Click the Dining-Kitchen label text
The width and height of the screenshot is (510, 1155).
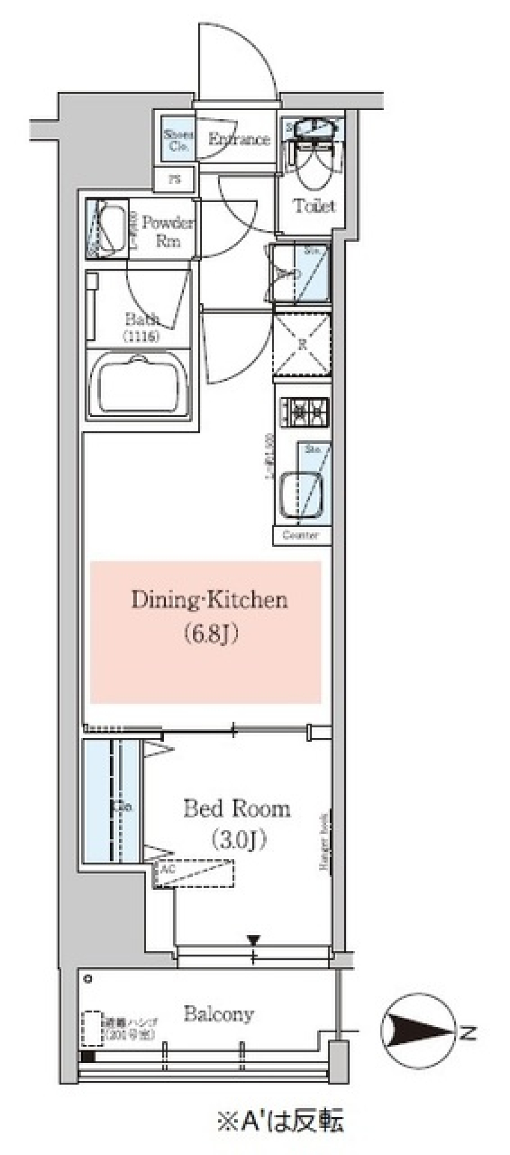(209, 600)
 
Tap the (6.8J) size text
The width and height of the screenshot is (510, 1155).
(210, 634)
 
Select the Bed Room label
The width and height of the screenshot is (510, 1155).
(237, 809)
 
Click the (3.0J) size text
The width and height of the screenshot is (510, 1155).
(237, 840)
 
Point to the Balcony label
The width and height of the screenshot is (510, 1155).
(218, 1014)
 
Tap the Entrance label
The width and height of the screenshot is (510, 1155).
(239, 139)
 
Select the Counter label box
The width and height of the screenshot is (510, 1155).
(301, 535)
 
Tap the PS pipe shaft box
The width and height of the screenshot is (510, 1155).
(174, 180)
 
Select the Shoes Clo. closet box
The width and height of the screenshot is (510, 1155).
(177, 140)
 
